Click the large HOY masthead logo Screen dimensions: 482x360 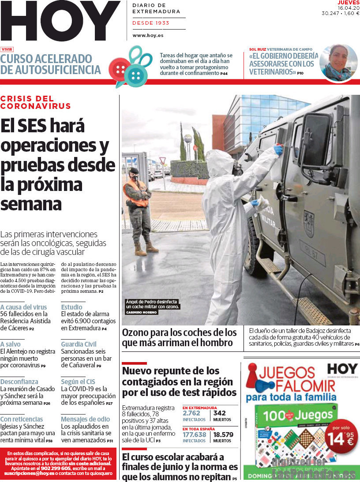coord(60,21)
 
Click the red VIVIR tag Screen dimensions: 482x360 coord(7,49)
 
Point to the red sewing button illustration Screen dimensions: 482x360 coord(119,68)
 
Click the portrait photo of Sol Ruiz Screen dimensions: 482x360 coord(338,63)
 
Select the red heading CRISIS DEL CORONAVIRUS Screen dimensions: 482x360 coord(35,102)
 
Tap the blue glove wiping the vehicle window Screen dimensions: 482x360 coord(278,150)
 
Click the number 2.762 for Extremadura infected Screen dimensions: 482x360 coord(191,413)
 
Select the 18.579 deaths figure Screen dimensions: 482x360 coord(223,434)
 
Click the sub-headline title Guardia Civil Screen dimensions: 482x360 coord(79,344)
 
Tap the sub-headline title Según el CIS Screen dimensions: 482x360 coord(78,381)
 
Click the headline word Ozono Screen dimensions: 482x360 coord(137,332)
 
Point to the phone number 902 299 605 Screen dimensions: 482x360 coord(57,468)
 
